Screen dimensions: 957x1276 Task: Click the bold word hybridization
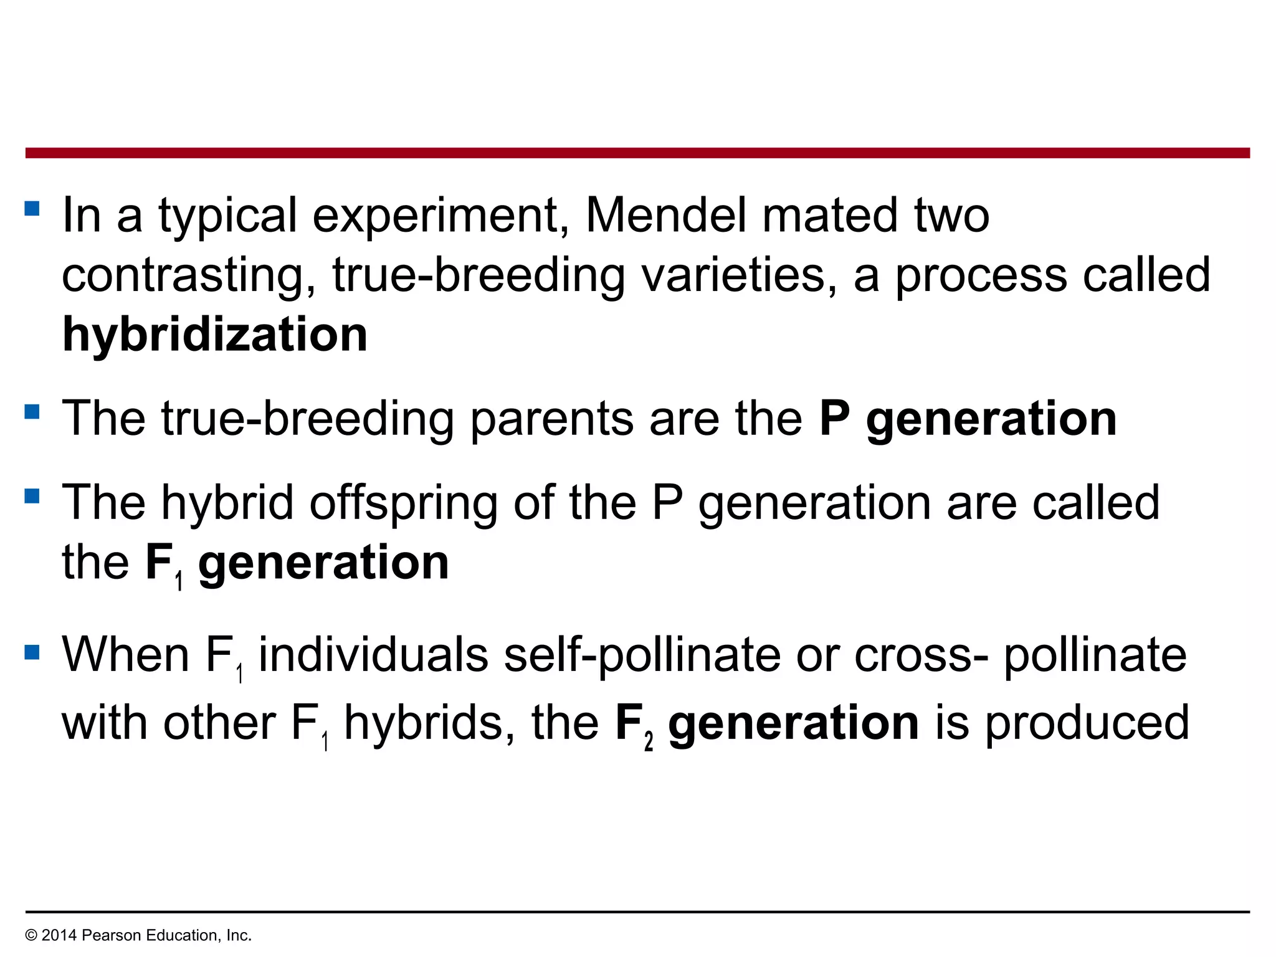pos(215,335)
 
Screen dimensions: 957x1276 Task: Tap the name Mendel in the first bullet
pos(665,215)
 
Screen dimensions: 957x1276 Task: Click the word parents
pos(551,419)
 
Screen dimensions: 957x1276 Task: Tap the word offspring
pos(404,503)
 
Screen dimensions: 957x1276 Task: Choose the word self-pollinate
pos(642,655)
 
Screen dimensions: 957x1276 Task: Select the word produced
pos(1087,724)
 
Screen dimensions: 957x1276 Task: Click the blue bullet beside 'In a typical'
pos(32,208)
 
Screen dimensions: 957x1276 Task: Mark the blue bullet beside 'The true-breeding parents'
pos(32,412)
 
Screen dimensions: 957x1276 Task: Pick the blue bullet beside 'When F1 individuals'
pos(32,652)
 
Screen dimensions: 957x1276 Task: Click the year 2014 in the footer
pos(59,935)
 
